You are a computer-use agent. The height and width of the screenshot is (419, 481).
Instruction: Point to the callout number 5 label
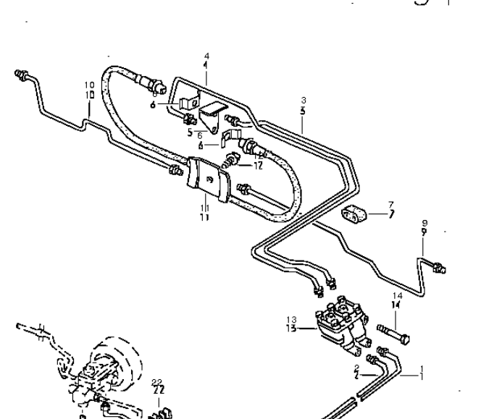pos(190,132)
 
